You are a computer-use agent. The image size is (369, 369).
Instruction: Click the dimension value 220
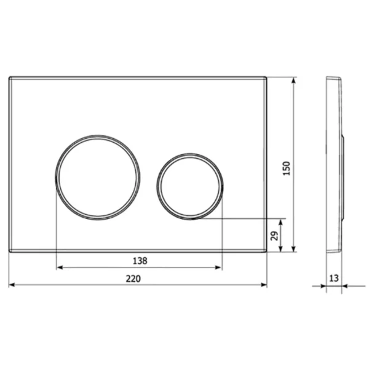tap(133, 279)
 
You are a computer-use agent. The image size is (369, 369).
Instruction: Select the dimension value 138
tap(140, 261)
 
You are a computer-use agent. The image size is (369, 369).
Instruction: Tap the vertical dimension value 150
tap(287, 168)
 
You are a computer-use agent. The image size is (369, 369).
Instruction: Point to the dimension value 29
tap(274, 236)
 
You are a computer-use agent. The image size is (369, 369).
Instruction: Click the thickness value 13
tap(334, 278)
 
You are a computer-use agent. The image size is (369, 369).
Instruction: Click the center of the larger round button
tap(98, 178)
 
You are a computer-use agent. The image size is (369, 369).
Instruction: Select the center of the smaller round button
tap(190, 186)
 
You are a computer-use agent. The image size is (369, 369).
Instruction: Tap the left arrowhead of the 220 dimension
tap(12, 285)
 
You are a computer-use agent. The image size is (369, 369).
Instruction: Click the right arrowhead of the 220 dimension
tap(264, 285)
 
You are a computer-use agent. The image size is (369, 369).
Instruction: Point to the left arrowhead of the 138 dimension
tap(60, 268)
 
